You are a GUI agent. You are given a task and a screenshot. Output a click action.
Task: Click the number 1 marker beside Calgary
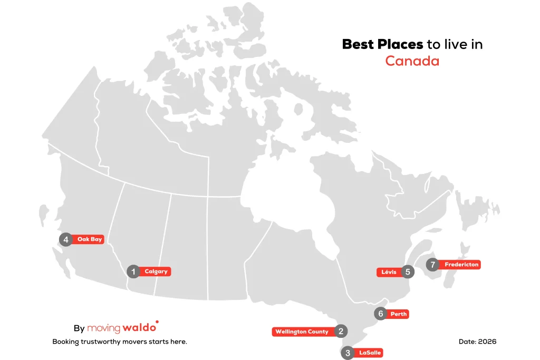(133, 271)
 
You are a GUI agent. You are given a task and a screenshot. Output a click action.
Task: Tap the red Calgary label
(156, 271)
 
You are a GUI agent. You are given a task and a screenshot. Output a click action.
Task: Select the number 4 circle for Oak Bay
(66, 240)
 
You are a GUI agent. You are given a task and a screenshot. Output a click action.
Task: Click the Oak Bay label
(89, 239)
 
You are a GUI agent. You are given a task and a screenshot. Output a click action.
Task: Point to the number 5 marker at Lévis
(407, 272)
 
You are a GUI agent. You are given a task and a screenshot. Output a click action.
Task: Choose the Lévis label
(389, 272)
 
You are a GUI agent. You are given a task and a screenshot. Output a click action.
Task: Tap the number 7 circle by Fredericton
(433, 265)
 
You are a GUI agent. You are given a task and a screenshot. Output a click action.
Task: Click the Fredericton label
(461, 265)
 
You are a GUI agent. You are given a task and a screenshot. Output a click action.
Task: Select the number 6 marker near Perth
(381, 314)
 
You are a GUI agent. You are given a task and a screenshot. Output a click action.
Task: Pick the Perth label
(399, 314)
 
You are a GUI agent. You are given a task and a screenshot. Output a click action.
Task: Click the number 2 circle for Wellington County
(341, 331)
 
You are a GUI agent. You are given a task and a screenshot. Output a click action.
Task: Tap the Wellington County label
(302, 332)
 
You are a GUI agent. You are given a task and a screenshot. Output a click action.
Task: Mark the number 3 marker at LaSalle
(347, 353)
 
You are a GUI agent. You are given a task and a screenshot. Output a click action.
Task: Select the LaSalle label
(370, 353)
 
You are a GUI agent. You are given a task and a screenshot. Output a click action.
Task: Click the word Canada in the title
(412, 61)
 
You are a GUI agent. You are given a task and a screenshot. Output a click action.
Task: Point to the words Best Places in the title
(382, 44)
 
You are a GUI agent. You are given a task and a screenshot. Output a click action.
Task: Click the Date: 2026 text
(477, 342)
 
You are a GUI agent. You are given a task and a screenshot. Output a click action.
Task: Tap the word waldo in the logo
(140, 328)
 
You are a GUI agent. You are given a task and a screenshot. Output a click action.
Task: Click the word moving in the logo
(103, 328)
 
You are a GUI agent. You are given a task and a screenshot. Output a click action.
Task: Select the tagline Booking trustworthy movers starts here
(120, 342)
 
